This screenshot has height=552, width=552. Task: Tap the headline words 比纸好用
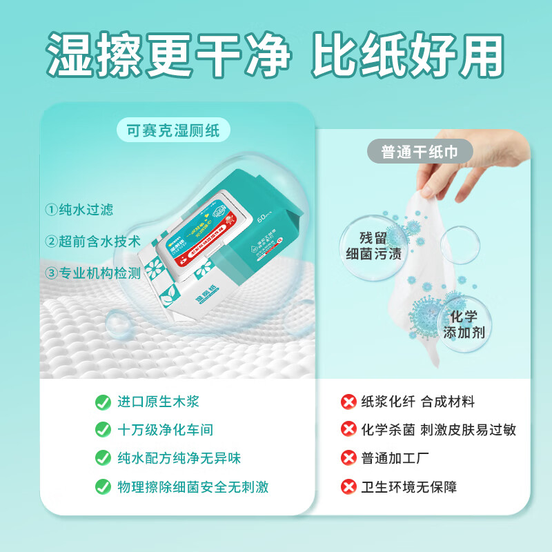[x=408, y=53]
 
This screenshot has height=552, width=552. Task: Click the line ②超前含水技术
[x=92, y=241]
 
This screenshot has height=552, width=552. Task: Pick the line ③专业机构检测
[x=92, y=273]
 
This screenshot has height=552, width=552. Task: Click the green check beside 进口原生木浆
[x=103, y=402]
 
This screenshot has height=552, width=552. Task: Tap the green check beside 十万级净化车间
[x=103, y=430]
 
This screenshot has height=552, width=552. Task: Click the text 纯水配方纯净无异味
[x=179, y=458]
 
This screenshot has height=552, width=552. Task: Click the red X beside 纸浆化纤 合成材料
[x=348, y=402]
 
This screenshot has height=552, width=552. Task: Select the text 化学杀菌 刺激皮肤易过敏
[x=439, y=430]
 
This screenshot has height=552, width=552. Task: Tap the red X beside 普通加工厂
[x=348, y=458]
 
